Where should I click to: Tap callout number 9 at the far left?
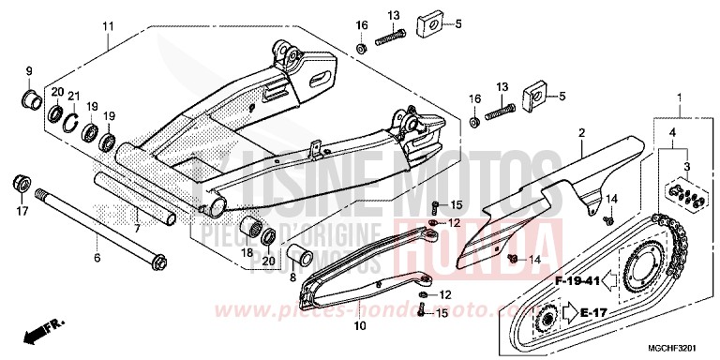click(x=28, y=71)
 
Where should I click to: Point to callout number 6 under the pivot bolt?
click(x=95, y=256)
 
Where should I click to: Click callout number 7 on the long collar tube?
click(x=138, y=228)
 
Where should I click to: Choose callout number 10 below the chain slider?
click(x=358, y=326)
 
